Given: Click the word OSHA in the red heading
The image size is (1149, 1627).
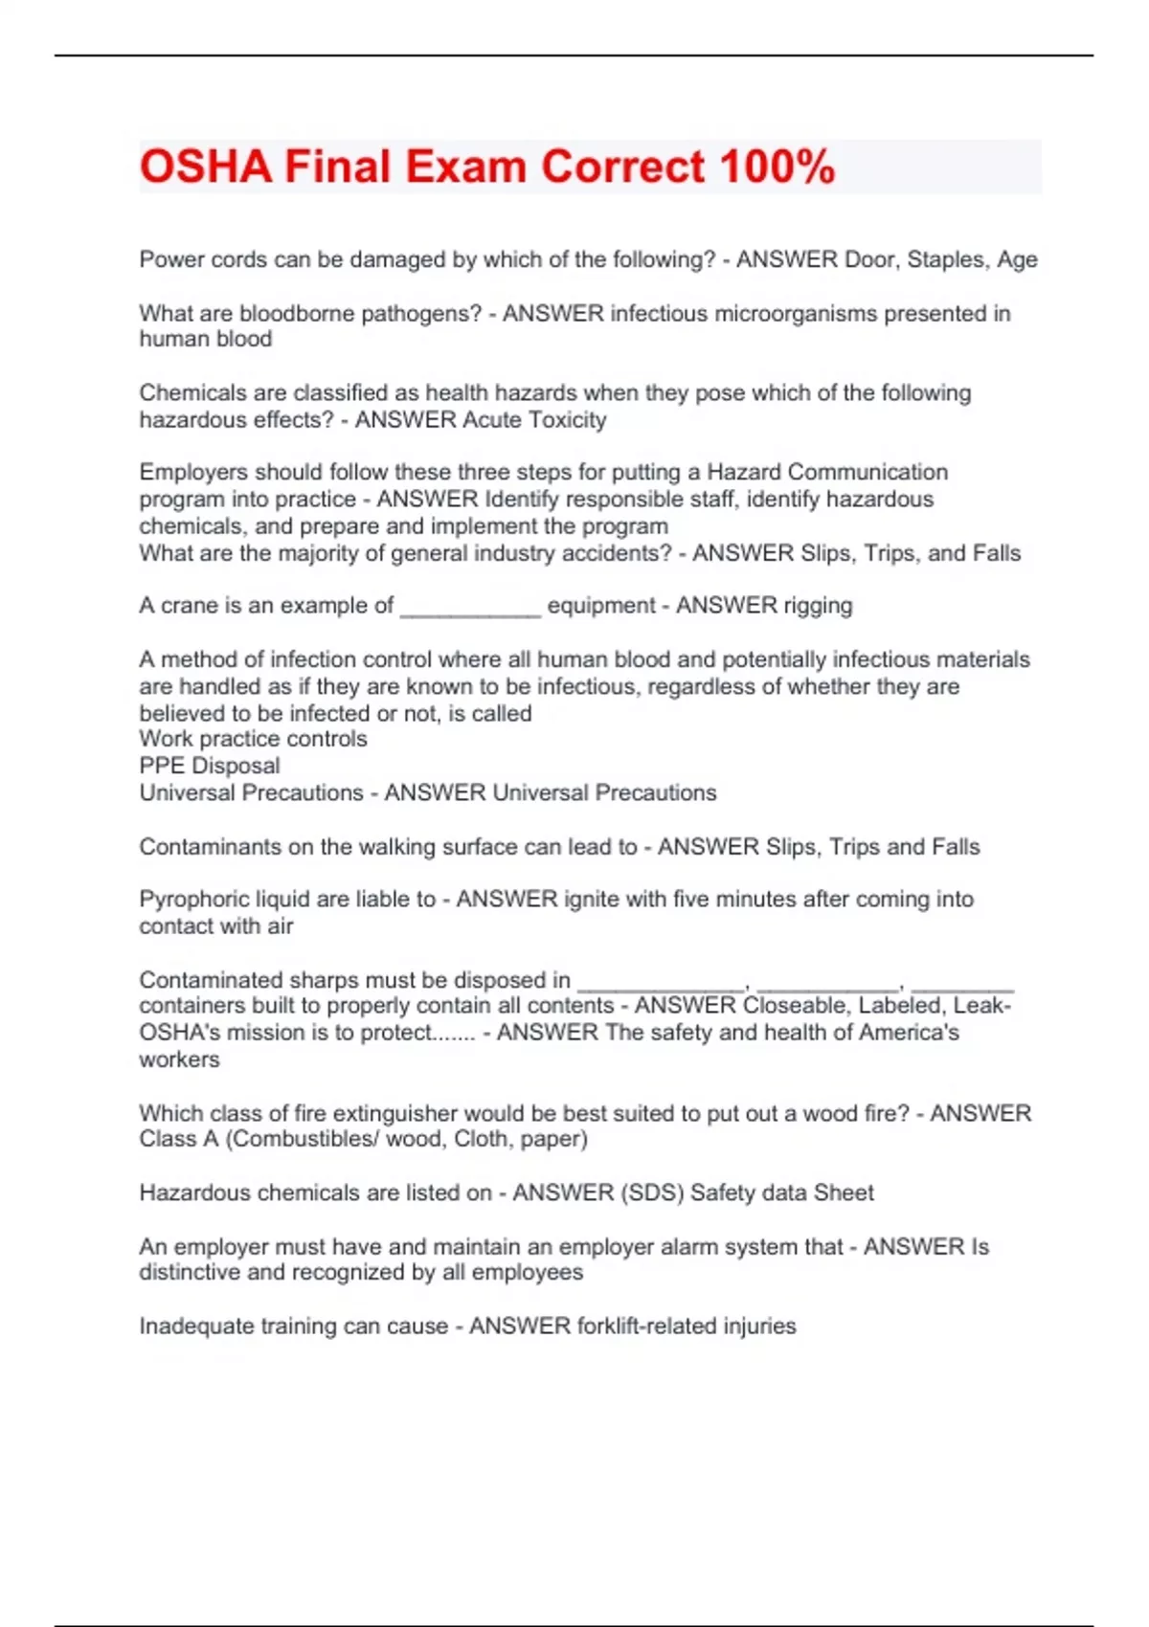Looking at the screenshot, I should point(206,167).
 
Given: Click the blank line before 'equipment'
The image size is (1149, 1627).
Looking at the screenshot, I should point(470,607).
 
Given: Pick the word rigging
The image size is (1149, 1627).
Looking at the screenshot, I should point(818,606).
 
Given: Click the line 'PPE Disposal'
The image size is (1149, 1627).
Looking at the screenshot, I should point(210,766).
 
